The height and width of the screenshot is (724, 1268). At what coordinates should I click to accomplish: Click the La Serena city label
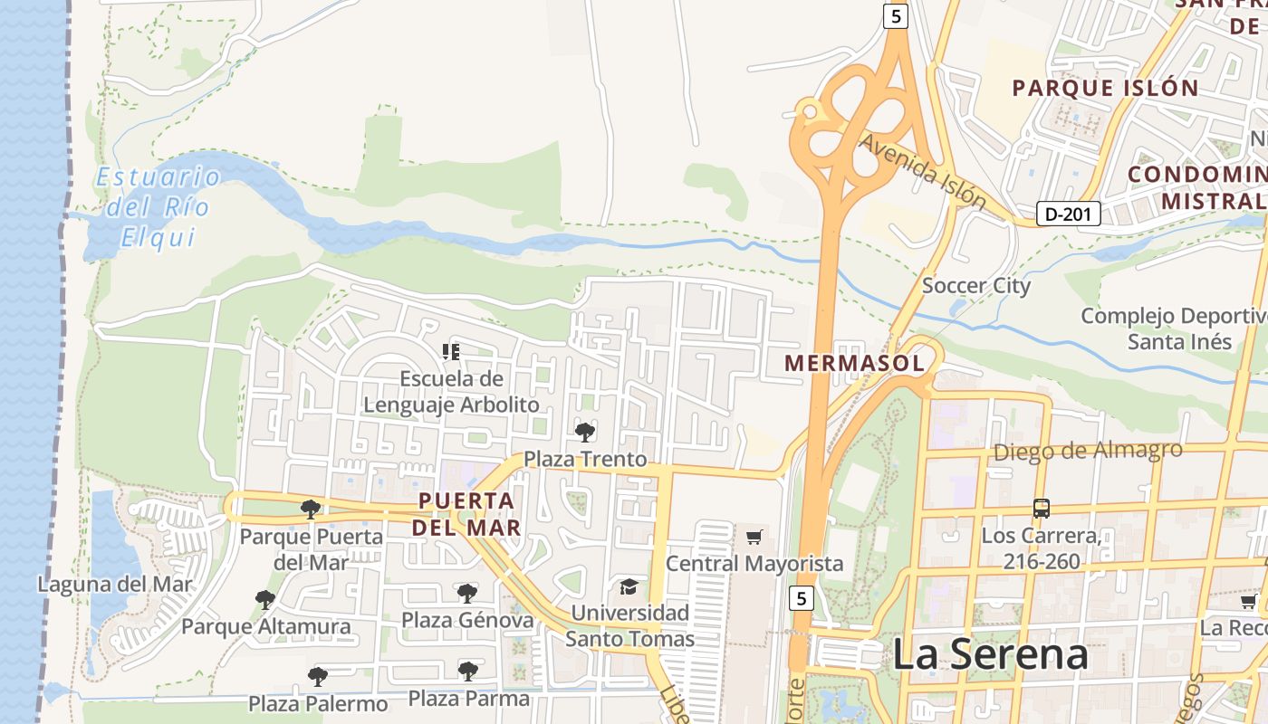[990, 654]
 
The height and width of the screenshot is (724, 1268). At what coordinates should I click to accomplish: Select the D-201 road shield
[1069, 214]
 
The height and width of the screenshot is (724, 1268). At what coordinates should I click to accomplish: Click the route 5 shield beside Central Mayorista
[800, 598]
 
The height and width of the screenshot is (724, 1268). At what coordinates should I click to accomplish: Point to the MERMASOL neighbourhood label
[854, 364]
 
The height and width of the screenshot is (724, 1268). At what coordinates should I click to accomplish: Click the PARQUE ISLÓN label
[1105, 88]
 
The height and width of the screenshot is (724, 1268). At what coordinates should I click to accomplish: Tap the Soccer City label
[975, 286]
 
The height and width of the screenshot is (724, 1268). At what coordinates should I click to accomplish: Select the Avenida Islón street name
[921, 170]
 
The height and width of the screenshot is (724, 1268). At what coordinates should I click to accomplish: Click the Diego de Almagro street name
[1088, 450]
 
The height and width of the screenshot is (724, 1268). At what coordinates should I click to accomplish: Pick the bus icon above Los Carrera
[1042, 508]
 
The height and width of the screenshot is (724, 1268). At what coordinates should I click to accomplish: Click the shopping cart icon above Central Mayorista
[754, 538]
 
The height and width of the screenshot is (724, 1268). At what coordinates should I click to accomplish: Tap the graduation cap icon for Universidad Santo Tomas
[629, 587]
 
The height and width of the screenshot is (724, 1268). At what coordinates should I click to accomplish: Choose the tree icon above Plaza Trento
[585, 432]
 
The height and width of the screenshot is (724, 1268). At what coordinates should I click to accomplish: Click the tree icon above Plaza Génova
[466, 593]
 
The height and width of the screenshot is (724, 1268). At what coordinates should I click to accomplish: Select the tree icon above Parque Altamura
[265, 599]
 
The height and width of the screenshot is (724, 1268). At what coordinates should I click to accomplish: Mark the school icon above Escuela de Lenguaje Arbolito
[450, 351]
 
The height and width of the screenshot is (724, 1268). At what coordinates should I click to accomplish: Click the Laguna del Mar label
[115, 585]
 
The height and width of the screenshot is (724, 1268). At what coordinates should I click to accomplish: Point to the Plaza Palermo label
[318, 703]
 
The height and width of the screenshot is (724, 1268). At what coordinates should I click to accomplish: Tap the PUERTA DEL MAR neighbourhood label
[466, 513]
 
